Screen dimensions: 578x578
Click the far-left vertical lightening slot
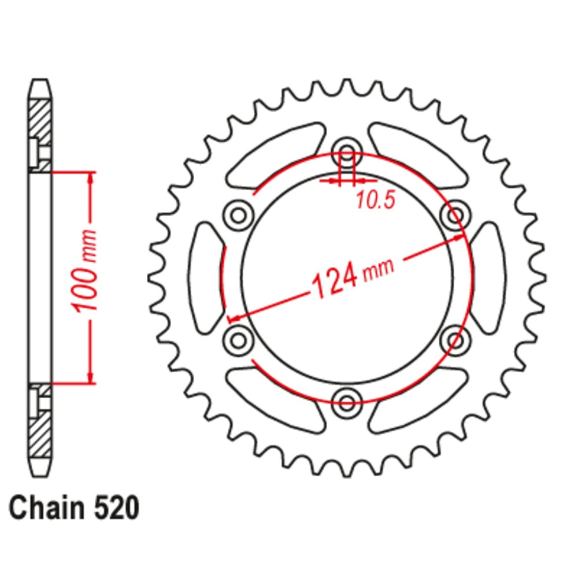[203, 277]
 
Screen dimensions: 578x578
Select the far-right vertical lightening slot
[489, 277]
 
